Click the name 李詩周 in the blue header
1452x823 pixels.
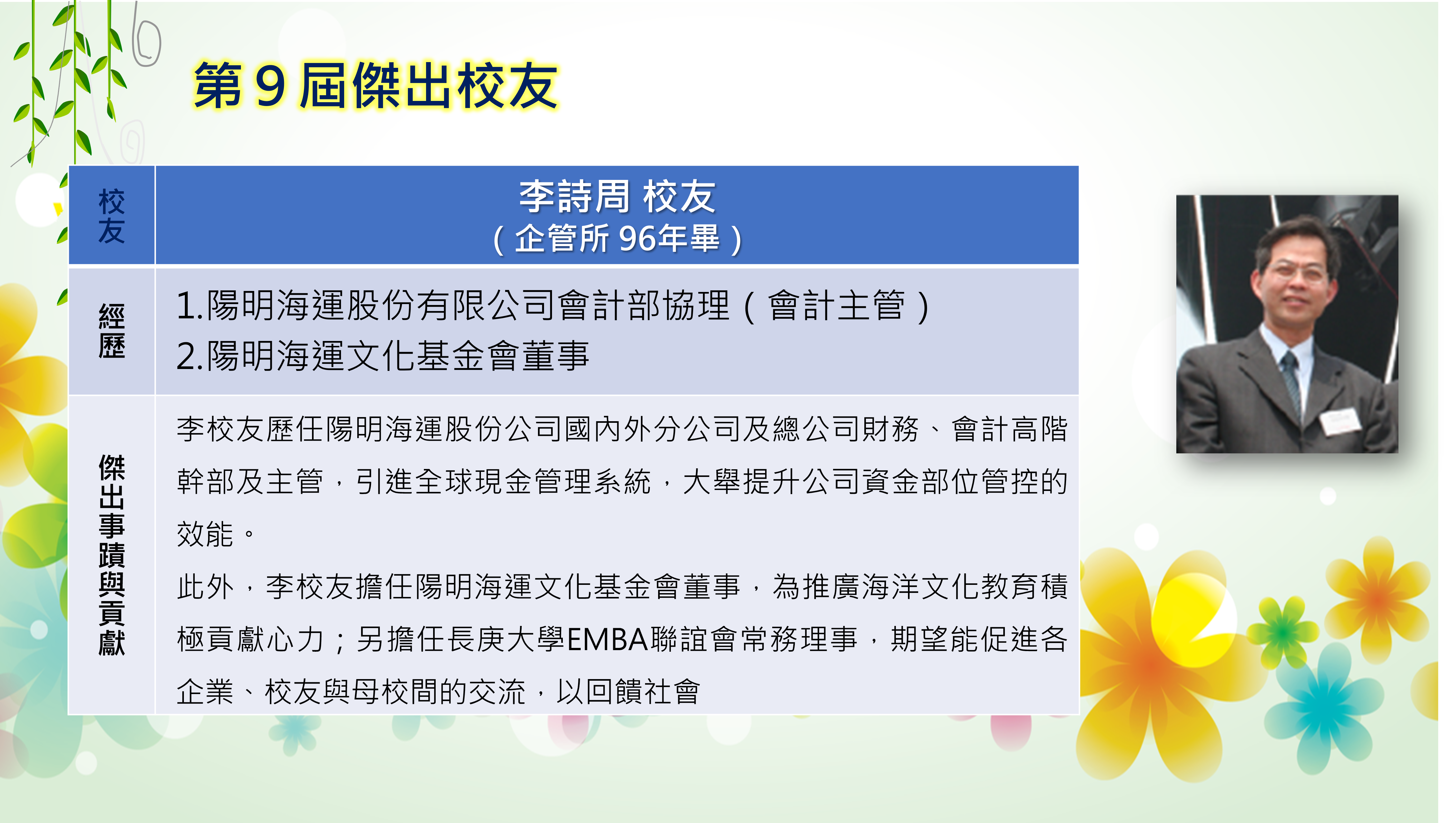574,197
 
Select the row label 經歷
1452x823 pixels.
112,331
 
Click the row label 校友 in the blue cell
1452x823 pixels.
112,216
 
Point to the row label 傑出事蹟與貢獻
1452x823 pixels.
112,555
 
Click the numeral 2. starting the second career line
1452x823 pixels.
190,357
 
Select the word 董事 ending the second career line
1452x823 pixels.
556,356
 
